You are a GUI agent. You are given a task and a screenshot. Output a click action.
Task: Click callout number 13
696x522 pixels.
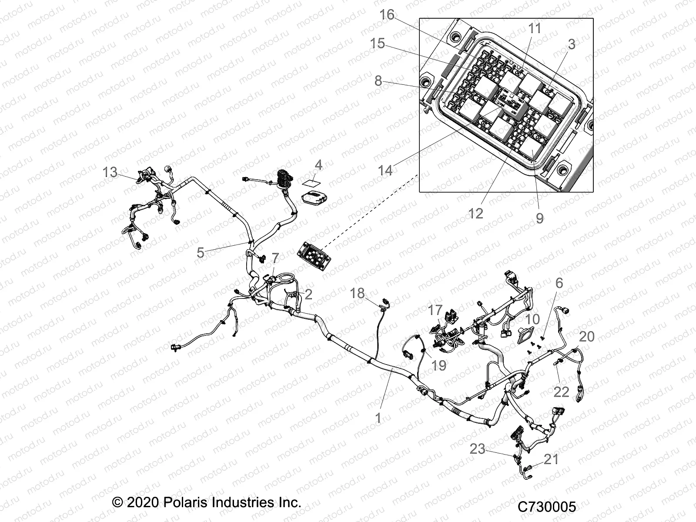coord(110,172)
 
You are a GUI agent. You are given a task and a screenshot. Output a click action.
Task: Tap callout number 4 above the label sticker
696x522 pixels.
coord(318,165)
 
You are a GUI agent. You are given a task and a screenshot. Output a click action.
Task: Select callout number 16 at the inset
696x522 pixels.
coord(386,15)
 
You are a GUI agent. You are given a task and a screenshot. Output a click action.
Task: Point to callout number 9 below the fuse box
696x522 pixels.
coord(539,218)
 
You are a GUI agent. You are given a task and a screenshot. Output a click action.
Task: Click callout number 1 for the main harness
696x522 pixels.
coord(378,418)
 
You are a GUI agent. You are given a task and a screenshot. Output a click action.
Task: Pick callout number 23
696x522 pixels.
coord(477,449)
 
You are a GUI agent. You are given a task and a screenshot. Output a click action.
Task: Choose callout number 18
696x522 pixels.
coord(357,293)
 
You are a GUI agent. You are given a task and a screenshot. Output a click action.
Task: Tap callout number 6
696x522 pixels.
coord(559,283)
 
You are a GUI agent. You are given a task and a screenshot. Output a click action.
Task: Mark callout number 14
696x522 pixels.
coord(385,171)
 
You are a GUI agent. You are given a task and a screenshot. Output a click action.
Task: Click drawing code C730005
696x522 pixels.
coord(547,507)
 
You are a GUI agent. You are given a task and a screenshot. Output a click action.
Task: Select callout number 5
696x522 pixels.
coord(200,252)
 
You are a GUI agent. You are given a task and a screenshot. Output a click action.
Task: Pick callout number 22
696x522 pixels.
coord(561,391)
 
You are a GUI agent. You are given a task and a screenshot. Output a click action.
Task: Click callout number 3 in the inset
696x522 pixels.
coord(572,44)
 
